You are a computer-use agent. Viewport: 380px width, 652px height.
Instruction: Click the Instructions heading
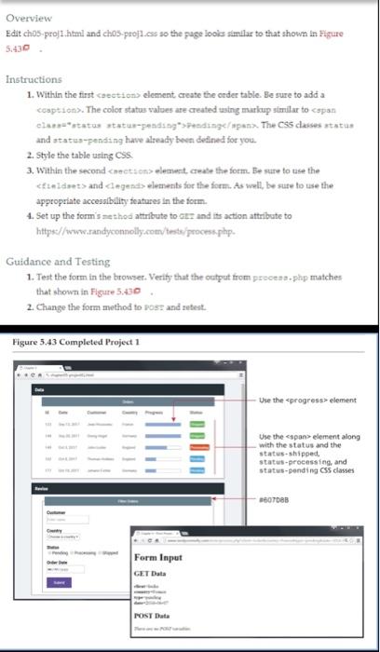tap(34, 80)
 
